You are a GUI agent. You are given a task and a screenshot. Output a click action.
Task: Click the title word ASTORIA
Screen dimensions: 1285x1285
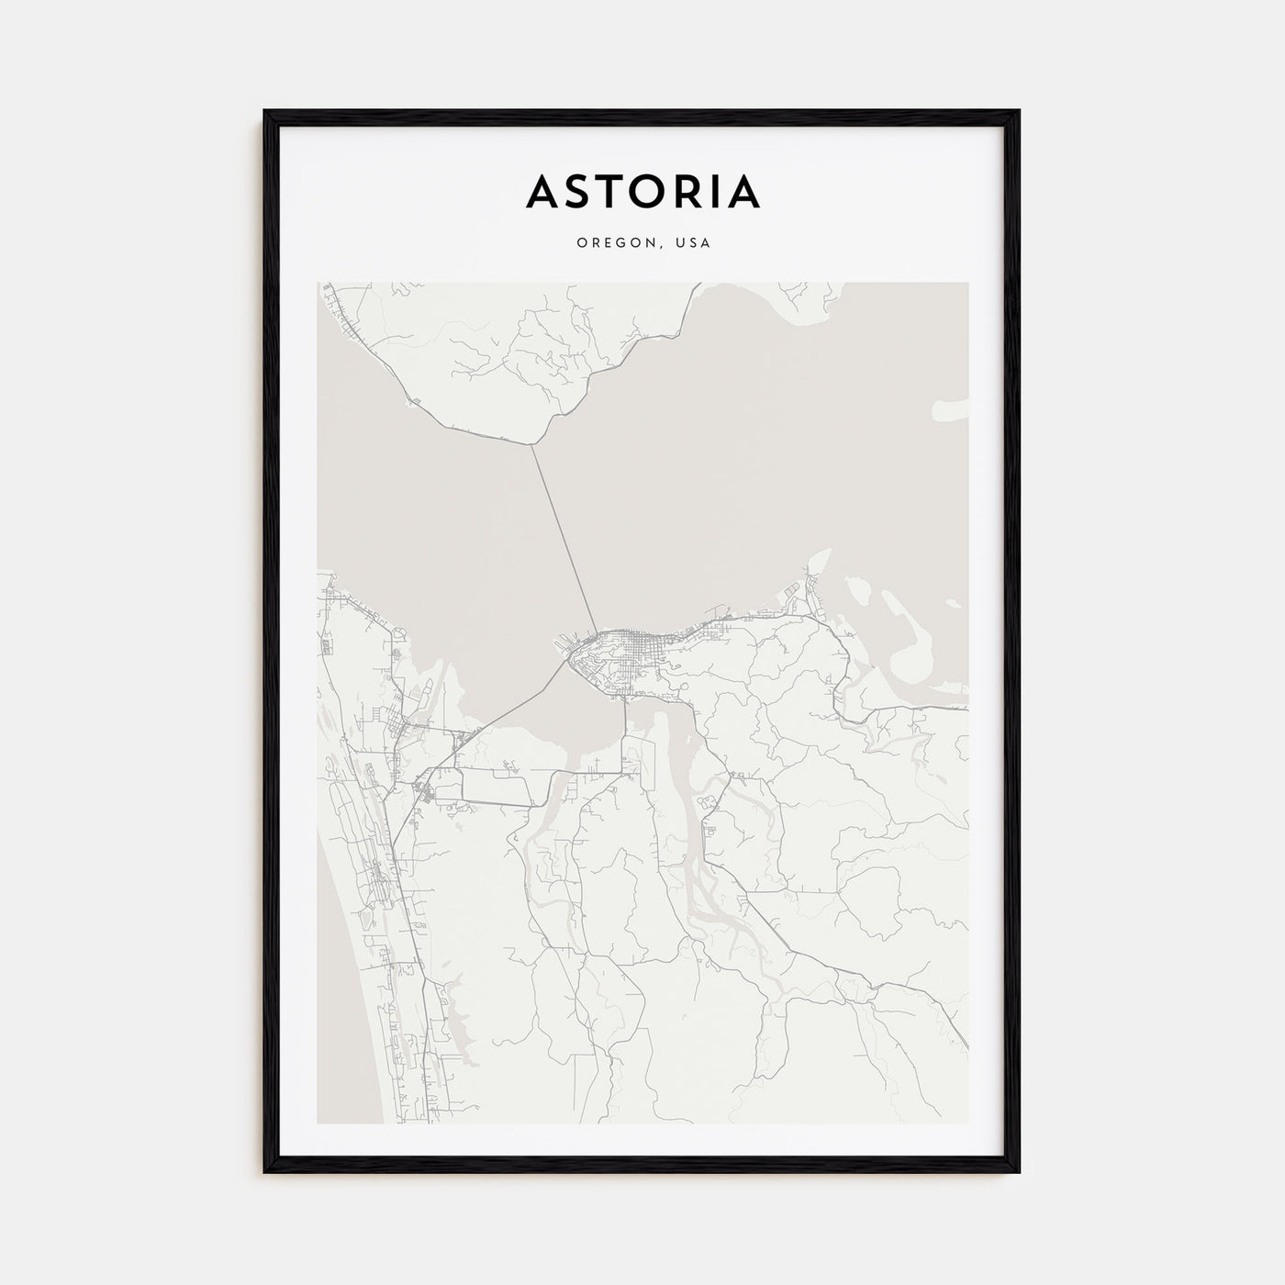(642, 191)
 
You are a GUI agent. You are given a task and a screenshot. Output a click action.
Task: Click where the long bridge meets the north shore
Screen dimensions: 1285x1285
(531, 445)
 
